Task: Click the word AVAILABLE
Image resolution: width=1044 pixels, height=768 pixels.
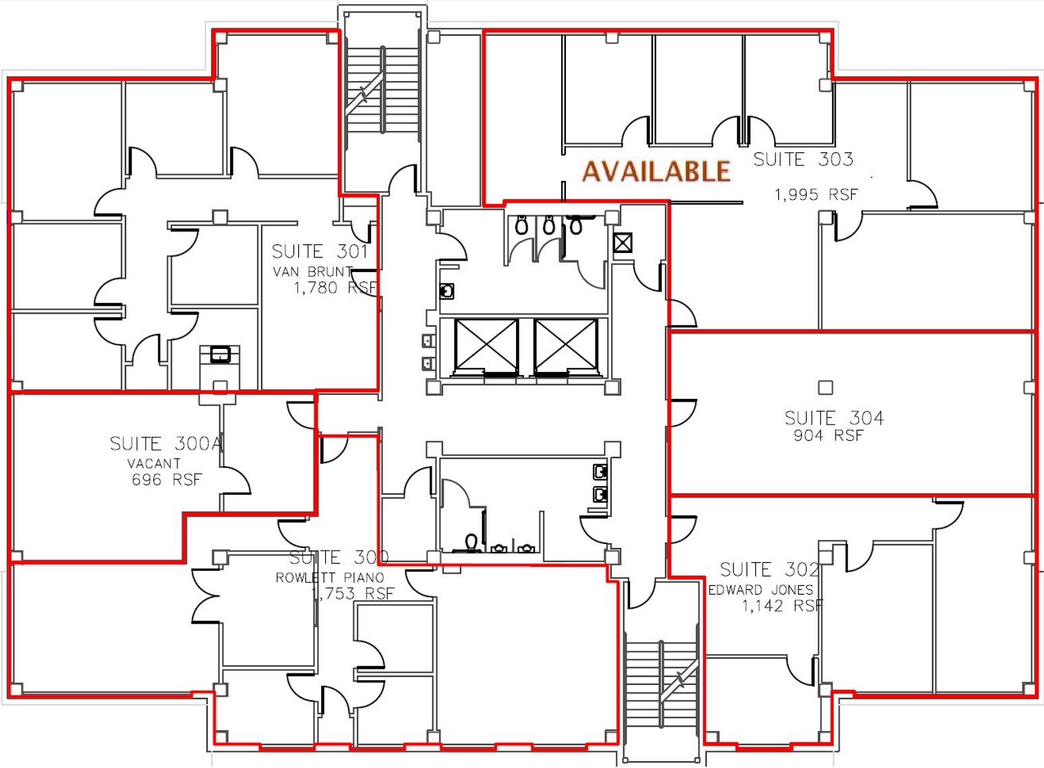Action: tap(656, 171)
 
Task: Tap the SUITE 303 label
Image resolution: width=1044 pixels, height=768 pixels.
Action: tap(803, 159)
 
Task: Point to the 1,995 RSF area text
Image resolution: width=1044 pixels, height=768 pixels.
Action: tap(816, 195)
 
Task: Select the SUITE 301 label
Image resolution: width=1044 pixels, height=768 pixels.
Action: tap(320, 252)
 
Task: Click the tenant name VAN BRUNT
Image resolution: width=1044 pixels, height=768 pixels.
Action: tap(313, 272)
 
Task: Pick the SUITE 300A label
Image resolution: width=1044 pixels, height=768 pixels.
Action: tap(166, 443)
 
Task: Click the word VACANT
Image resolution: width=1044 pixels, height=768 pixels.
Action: tap(154, 464)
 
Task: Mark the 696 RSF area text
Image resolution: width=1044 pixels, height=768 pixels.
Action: tap(167, 480)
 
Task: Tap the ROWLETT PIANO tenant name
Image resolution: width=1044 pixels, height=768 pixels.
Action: tap(330, 578)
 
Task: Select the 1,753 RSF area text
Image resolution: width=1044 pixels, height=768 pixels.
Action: tap(353, 594)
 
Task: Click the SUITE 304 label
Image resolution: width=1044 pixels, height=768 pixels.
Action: tap(834, 418)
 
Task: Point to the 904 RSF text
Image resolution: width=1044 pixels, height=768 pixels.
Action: tap(828, 436)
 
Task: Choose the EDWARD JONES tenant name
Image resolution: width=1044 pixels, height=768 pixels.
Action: tap(761, 590)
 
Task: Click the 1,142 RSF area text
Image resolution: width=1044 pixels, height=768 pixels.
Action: tap(782, 606)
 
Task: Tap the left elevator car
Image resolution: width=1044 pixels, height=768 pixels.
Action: tap(486, 346)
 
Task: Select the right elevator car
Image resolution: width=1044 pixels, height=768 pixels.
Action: tap(566, 346)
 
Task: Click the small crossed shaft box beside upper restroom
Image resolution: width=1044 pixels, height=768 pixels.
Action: tap(622, 242)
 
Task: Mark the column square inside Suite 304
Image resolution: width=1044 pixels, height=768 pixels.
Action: tap(825, 387)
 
